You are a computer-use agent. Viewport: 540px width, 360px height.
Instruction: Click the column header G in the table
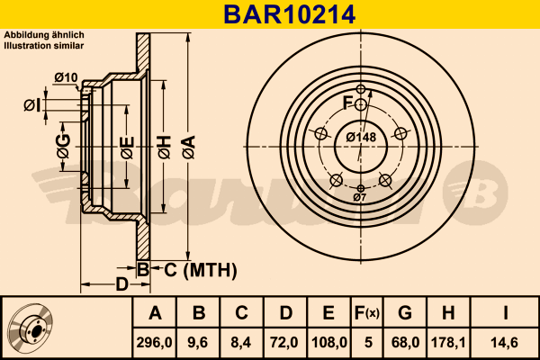click(405, 313)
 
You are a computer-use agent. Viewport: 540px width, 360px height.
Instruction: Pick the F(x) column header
click(368, 313)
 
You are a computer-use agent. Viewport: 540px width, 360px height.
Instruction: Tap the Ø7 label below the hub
click(359, 196)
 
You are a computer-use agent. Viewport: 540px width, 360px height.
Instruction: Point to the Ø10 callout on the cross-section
click(66, 76)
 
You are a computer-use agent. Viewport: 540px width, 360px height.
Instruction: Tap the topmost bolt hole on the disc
click(360, 90)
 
